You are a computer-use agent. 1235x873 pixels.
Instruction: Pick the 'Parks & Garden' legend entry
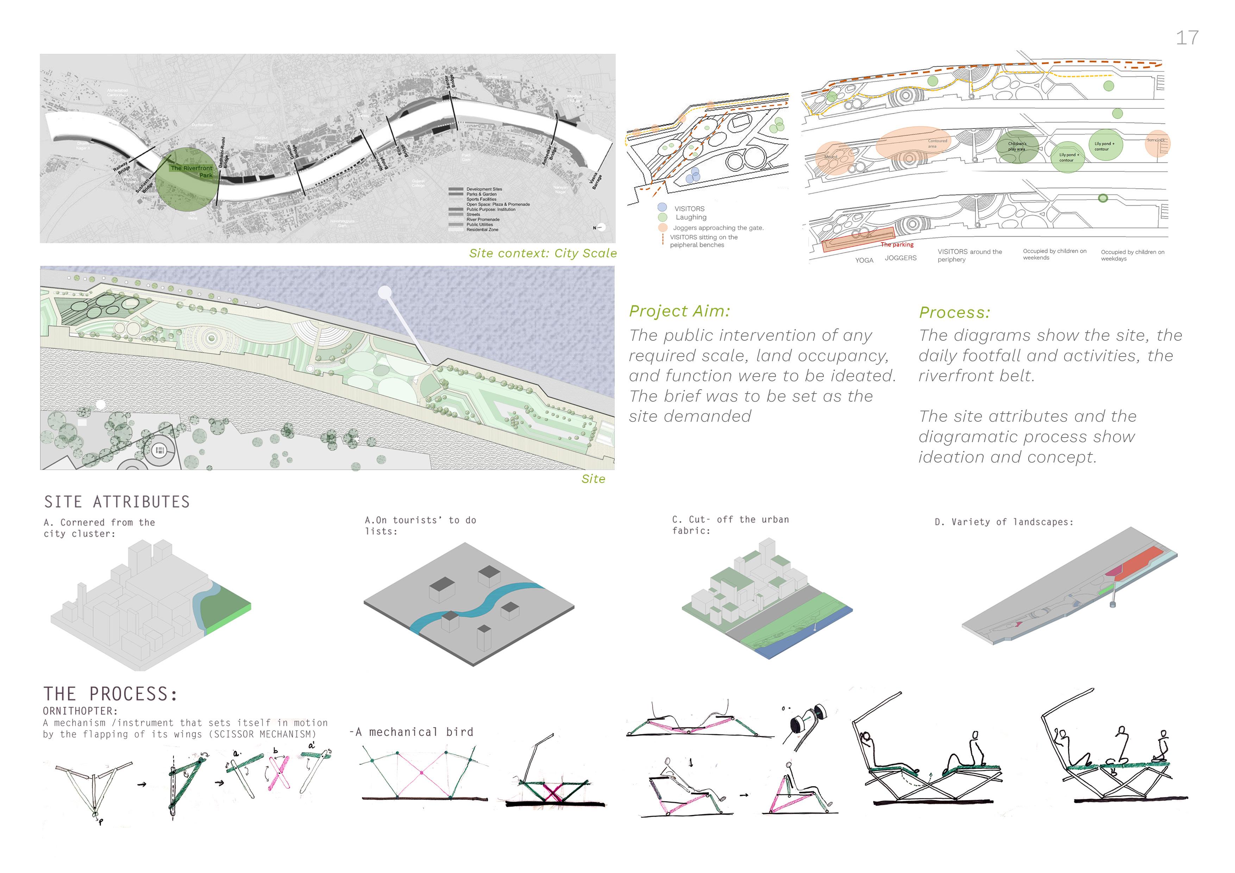click(x=481, y=194)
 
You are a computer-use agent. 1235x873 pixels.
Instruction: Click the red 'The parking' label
click(x=897, y=245)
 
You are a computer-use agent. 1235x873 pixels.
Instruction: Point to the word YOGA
click(x=864, y=260)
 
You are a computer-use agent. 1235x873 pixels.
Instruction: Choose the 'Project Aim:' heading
click(x=679, y=311)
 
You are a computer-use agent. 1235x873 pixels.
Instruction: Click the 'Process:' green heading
click(x=954, y=313)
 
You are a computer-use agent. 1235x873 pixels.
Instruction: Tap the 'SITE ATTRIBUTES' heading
click(x=117, y=502)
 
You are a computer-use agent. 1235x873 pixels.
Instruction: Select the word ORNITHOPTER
click(x=80, y=711)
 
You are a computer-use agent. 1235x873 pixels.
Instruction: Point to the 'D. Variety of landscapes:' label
click(x=1004, y=522)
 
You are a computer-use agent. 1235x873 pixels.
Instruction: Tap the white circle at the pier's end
click(x=384, y=293)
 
